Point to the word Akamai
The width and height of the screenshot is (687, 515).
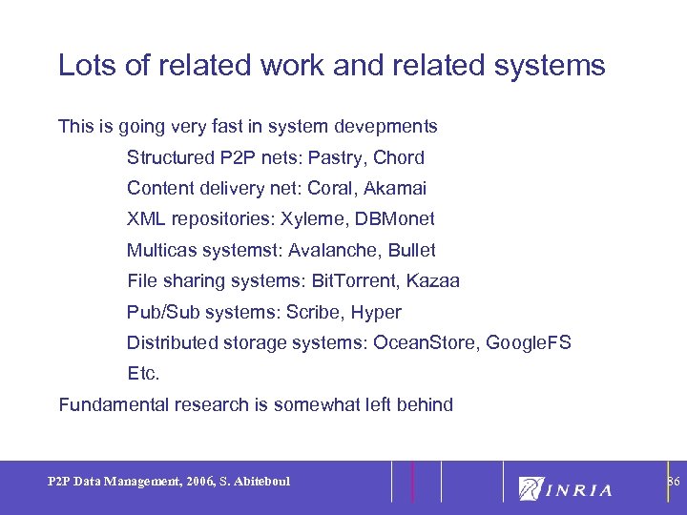[x=394, y=188]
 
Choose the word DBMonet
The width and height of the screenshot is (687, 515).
[x=395, y=219]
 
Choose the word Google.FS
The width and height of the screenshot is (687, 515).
[x=529, y=342]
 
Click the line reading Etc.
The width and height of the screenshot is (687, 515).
[x=143, y=373]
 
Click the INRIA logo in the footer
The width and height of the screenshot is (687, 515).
[x=566, y=488]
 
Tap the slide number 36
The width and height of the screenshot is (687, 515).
[x=673, y=482]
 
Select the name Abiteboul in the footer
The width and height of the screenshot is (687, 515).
[x=260, y=482]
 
